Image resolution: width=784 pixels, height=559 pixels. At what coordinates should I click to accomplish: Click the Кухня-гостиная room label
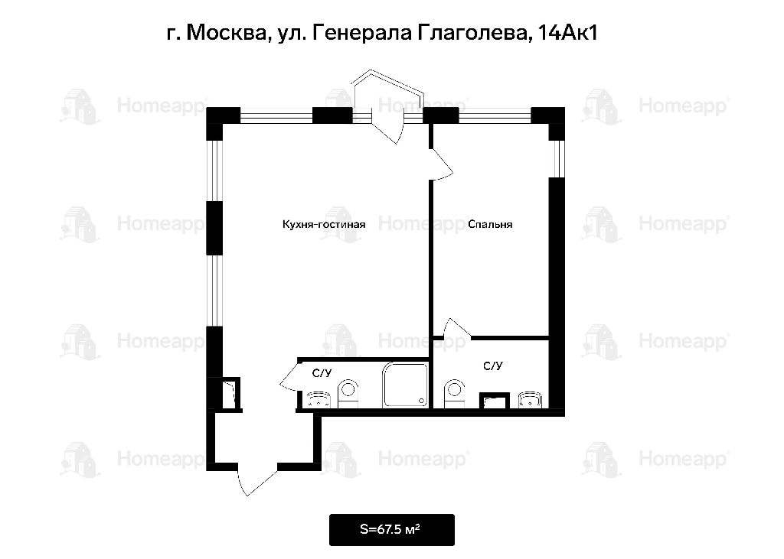[324, 224]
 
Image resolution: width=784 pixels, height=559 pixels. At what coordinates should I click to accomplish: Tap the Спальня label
[490, 224]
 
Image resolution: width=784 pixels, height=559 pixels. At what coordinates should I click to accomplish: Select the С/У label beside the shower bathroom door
[322, 373]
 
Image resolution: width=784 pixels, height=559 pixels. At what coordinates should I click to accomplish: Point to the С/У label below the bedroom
[492, 366]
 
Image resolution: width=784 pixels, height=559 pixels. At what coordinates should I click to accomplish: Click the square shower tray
[406, 385]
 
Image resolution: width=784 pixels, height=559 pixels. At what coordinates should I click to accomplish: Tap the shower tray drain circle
[423, 401]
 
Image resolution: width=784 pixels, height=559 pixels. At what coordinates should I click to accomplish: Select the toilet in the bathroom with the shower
[348, 394]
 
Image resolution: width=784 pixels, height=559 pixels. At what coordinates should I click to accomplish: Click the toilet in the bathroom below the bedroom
[455, 394]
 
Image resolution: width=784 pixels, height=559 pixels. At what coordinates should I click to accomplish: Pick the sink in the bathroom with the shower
[318, 400]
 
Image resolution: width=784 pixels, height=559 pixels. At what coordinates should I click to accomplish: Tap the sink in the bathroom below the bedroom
[530, 400]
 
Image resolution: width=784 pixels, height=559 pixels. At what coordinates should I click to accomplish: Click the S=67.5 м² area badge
[391, 529]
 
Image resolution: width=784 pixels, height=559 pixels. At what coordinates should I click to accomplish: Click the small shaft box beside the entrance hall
[230, 394]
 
